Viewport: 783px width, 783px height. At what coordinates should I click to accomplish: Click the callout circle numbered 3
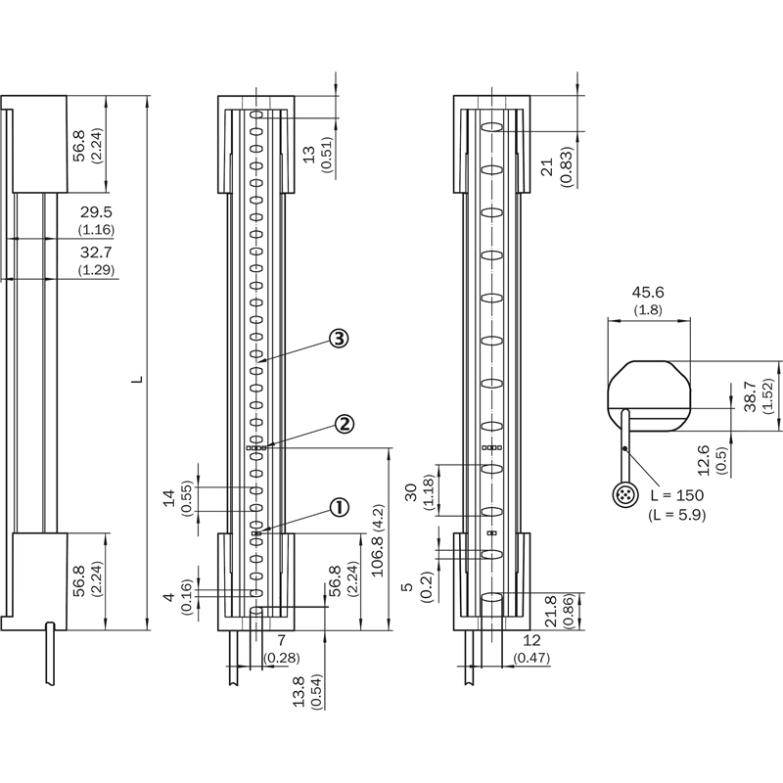pos(338,339)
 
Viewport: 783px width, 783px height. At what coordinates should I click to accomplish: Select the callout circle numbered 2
pos(344,424)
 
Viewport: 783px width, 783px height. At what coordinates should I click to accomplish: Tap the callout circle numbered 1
pos(339,507)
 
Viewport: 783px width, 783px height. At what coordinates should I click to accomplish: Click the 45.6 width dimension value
pos(646,293)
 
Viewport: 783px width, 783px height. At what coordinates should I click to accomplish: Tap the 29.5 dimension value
pos(96,211)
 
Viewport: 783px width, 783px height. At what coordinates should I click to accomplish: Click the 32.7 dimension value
pos(96,252)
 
